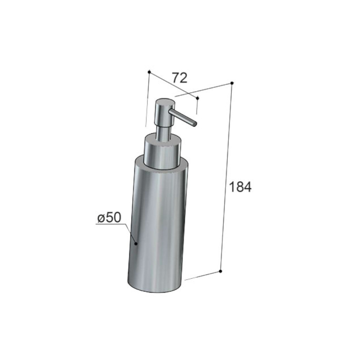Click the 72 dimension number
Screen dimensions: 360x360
pos(180,78)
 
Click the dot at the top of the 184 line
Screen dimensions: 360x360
pos(232,83)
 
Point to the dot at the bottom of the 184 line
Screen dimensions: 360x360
pos(220,271)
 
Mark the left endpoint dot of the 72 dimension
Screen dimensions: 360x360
pos(149,72)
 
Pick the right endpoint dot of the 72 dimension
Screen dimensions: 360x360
pos(198,98)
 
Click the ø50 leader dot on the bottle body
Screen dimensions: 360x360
pos(136,244)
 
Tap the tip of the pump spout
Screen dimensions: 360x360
pos(195,124)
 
